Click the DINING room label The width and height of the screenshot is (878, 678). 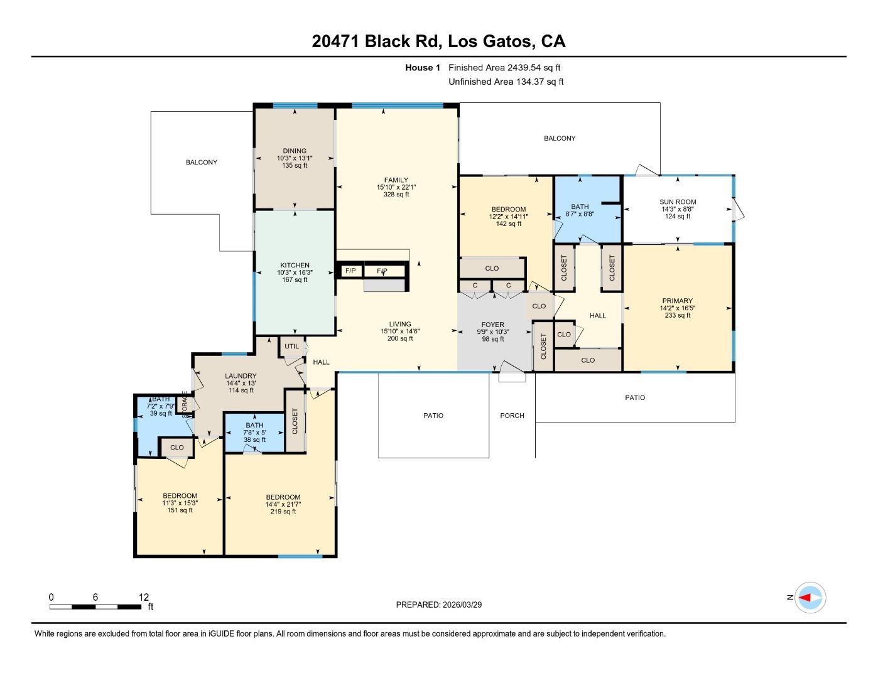[295, 151]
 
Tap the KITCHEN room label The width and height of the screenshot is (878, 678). [295, 266]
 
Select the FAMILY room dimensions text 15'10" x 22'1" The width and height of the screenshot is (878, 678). [396, 187]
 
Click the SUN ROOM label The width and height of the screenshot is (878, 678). [678, 202]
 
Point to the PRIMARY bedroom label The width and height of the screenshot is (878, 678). [677, 301]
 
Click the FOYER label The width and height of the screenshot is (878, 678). [493, 325]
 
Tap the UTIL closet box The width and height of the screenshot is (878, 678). [291, 346]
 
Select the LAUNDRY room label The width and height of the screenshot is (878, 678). [241, 376]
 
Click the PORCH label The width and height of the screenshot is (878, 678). [512, 416]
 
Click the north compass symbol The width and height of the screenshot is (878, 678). [810, 598]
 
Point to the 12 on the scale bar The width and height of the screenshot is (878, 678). [144, 597]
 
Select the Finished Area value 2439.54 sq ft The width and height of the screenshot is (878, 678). [534, 68]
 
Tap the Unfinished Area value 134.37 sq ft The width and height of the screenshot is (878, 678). [537, 82]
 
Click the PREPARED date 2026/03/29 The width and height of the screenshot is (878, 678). [462, 605]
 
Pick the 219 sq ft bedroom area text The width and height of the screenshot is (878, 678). [283, 512]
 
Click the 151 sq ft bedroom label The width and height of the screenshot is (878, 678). [180, 510]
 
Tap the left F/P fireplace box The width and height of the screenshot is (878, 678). [350, 271]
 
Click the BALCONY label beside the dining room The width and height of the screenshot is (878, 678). [201, 162]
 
